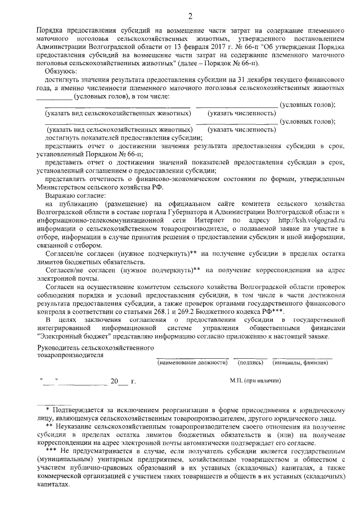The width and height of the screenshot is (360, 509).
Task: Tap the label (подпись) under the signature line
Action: click(x=251, y=363)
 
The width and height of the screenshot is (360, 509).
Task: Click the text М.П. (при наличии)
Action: click(x=255, y=381)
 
